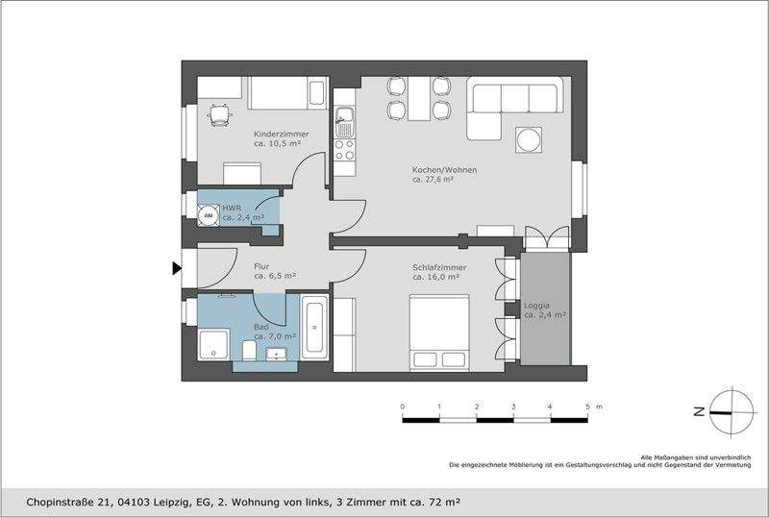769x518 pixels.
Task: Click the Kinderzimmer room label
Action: (282, 134)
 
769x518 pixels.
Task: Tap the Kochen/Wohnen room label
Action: (444, 169)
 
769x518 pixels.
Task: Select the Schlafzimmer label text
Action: (439, 266)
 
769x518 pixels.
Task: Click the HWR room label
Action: (232, 208)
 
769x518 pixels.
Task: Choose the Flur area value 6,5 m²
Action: (275, 276)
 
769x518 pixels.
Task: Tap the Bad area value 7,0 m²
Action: (275, 336)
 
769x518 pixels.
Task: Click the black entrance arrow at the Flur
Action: (177, 268)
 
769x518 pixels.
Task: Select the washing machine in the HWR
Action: (208, 215)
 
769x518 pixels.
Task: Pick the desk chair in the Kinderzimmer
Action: (221, 114)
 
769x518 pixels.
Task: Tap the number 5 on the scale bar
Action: (587, 407)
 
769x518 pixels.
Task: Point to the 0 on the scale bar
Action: (402, 407)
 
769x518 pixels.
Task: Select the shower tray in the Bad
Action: (211, 343)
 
